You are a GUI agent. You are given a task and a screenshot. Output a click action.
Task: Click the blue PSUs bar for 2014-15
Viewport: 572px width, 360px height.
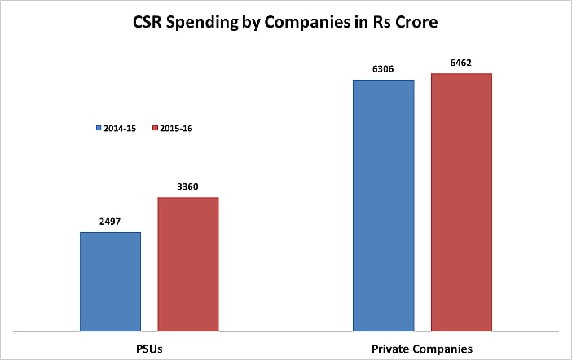click(110, 282)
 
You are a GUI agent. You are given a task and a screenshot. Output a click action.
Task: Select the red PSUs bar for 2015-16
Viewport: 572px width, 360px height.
click(187, 264)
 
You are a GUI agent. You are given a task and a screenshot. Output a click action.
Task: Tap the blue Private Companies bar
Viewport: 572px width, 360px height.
click(383, 205)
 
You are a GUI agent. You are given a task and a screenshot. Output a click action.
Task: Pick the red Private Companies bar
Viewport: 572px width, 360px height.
click(461, 202)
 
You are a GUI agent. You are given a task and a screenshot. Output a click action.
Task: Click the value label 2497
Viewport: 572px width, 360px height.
click(110, 221)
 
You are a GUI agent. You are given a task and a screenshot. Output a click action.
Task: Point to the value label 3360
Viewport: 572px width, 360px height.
click(187, 186)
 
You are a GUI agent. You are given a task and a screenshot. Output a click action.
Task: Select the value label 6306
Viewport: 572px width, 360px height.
click(383, 68)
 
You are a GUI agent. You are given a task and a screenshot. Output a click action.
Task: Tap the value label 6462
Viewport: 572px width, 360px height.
click(461, 62)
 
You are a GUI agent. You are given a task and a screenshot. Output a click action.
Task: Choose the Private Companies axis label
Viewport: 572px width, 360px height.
click(421, 349)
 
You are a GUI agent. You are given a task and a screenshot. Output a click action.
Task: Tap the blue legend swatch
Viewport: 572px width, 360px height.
click(99, 128)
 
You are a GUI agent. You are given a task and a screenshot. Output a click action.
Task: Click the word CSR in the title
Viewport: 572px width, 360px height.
click(151, 23)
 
